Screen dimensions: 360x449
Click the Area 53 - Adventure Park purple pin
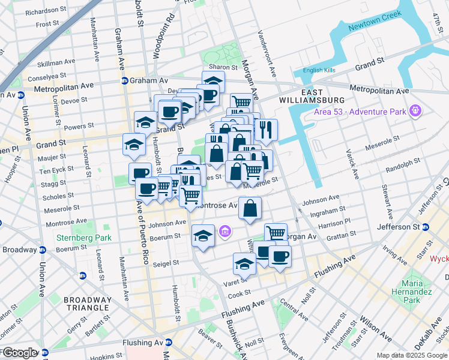414,110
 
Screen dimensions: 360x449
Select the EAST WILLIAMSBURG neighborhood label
315,96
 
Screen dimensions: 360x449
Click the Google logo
19,353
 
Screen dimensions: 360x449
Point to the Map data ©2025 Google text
411,355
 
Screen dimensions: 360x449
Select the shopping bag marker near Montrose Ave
250,209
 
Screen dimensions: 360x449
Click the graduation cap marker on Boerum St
203,235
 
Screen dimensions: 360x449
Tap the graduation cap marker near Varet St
244,263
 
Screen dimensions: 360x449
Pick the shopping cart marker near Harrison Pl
276,233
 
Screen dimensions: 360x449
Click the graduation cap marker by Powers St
145,122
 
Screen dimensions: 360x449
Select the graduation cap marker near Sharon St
213,80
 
